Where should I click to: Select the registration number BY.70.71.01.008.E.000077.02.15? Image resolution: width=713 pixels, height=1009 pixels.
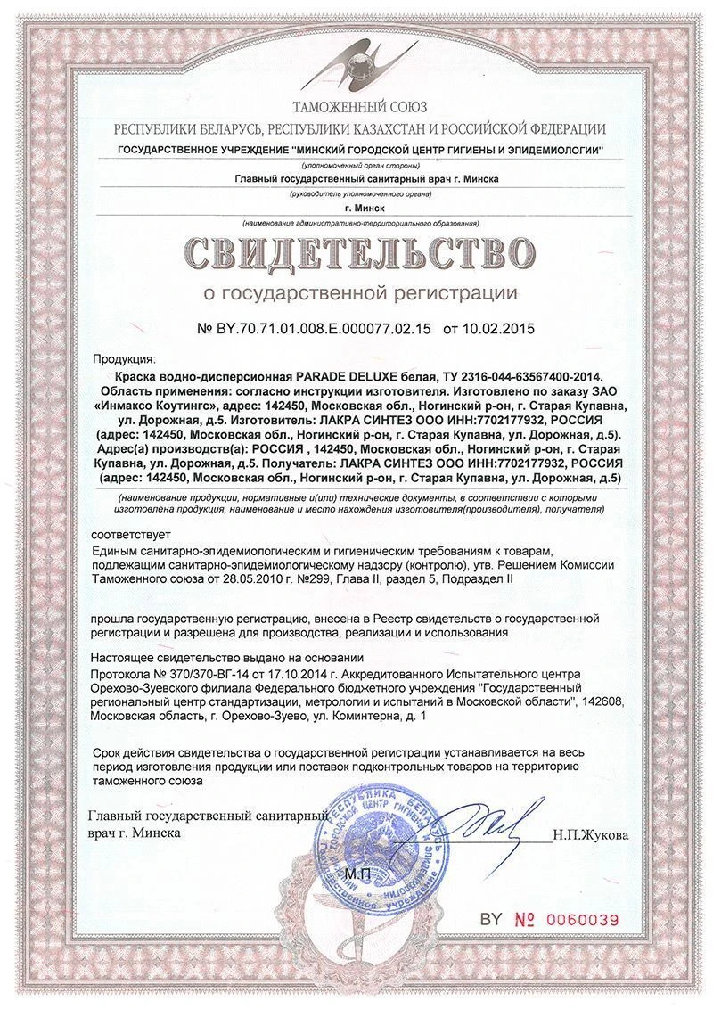click(324, 329)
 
